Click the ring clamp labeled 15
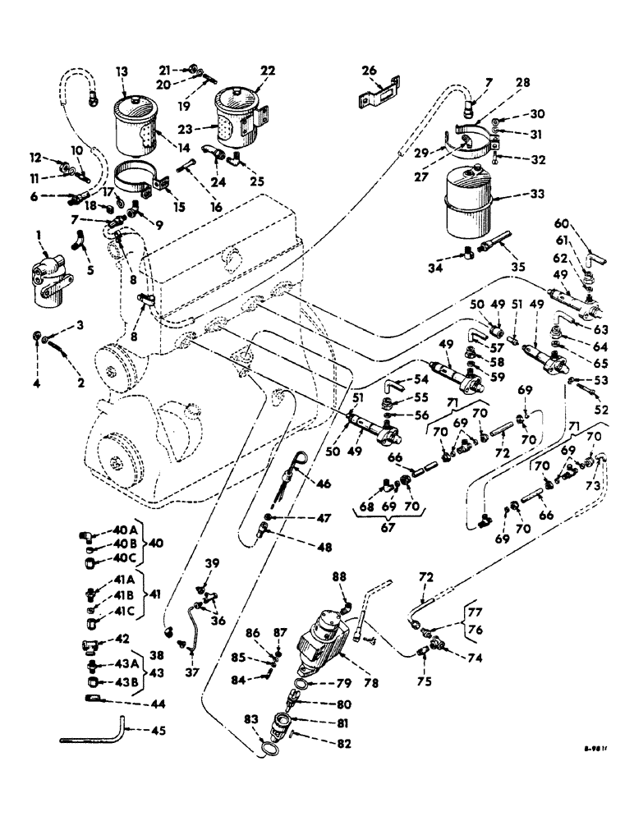point(140,182)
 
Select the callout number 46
point(324,484)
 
